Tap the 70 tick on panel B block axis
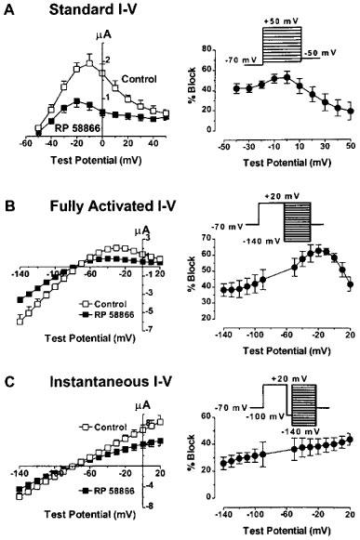point(217,239)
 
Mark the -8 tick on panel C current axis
point(148,507)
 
